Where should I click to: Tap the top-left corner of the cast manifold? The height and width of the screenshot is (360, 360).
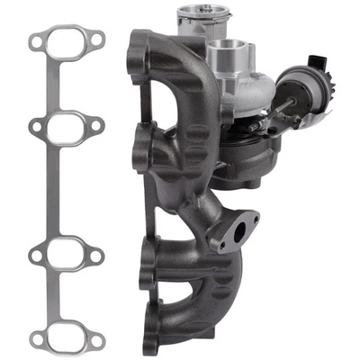coord(138,38)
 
